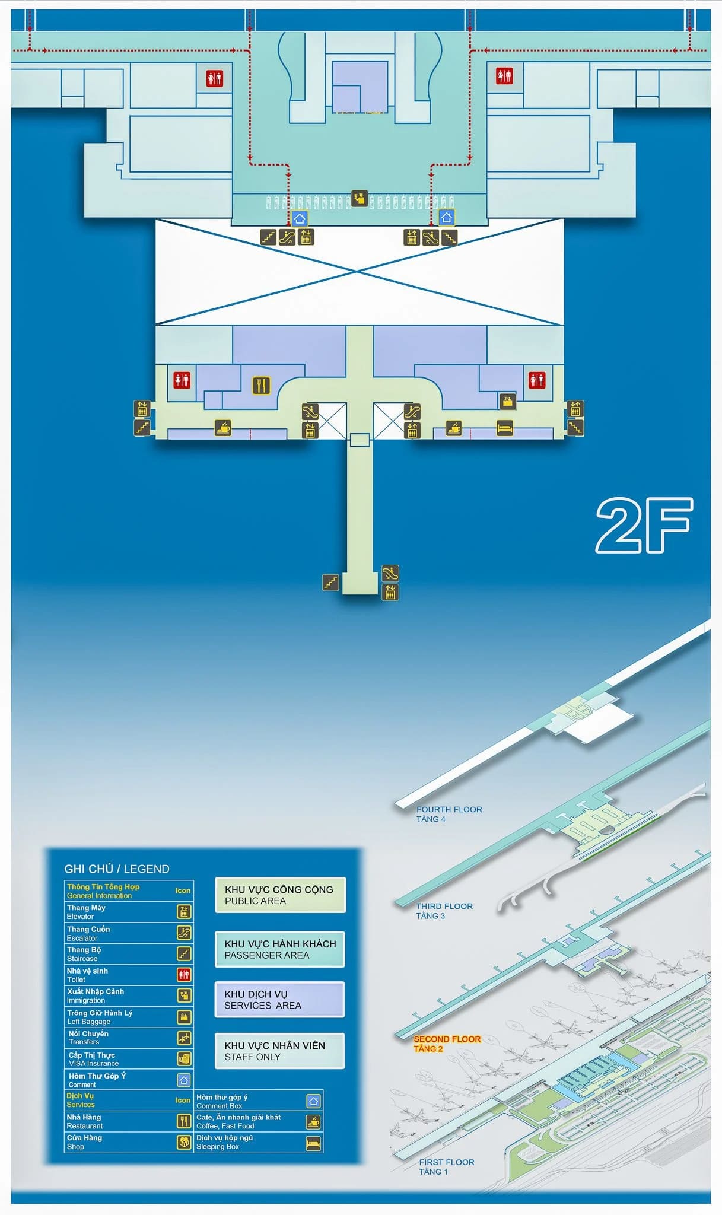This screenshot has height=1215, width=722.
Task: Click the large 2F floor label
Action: click(644, 525)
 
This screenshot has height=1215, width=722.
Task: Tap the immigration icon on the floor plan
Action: click(359, 198)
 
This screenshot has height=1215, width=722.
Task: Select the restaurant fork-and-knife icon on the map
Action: click(261, 385)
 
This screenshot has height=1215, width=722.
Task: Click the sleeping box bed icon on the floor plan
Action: click(504, 427)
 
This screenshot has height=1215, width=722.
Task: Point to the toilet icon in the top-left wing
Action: click(215, 78)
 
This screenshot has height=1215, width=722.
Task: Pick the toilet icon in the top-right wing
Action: click(504, 75)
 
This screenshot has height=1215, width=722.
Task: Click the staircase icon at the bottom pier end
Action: click(330, 582)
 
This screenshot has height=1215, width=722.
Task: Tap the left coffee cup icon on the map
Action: click(222, 427)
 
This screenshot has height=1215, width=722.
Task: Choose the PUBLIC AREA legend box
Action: click(280, 895)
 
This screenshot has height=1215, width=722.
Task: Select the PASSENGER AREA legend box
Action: click(280, 949)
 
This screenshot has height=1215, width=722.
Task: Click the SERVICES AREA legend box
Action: click(279, 1000)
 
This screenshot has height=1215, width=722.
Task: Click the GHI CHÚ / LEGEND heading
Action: click(117, 869)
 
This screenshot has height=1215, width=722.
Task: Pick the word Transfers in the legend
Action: click(84, 1042)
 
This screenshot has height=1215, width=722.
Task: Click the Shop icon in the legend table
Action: click(184, 1142)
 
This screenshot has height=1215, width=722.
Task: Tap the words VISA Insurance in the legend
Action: click(94, 1063)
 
